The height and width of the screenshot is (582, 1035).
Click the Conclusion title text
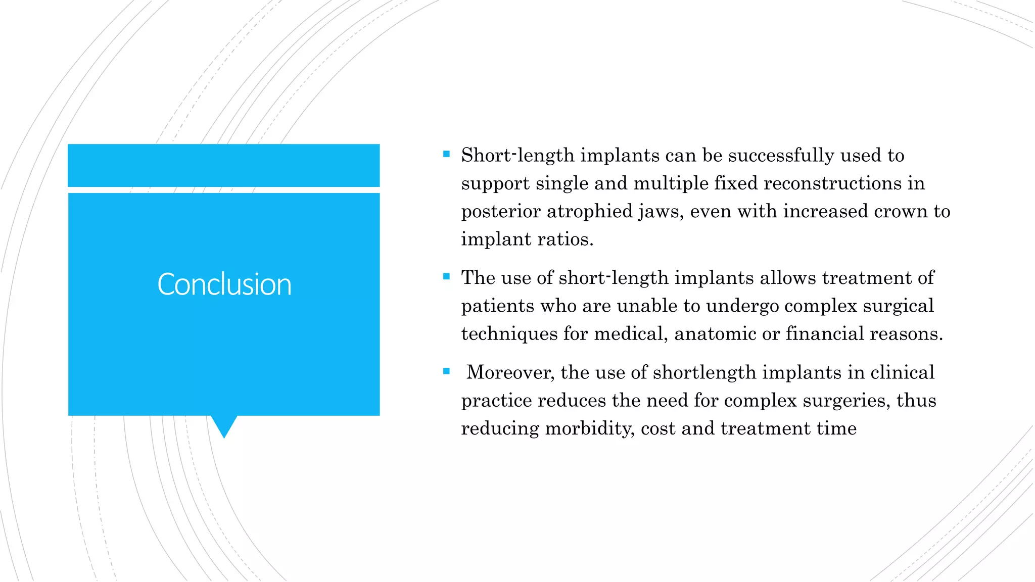coord(224,284)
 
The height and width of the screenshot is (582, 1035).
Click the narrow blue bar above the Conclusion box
coord(224,165)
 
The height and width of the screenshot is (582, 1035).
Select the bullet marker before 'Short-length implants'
coord(446,154)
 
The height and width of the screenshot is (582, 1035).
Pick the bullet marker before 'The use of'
coord(446,276)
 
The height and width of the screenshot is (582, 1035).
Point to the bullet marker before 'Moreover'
coord(446,371)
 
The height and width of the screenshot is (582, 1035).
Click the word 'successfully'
coord(781,156)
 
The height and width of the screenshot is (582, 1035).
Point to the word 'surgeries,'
coord(847,401)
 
